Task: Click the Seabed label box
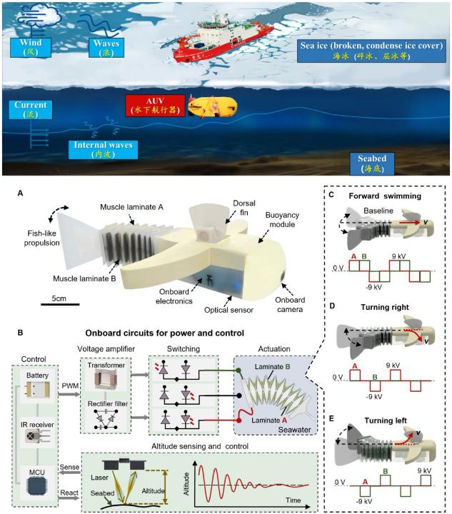(x=375, y=161)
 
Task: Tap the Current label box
(x=30, y=109)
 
